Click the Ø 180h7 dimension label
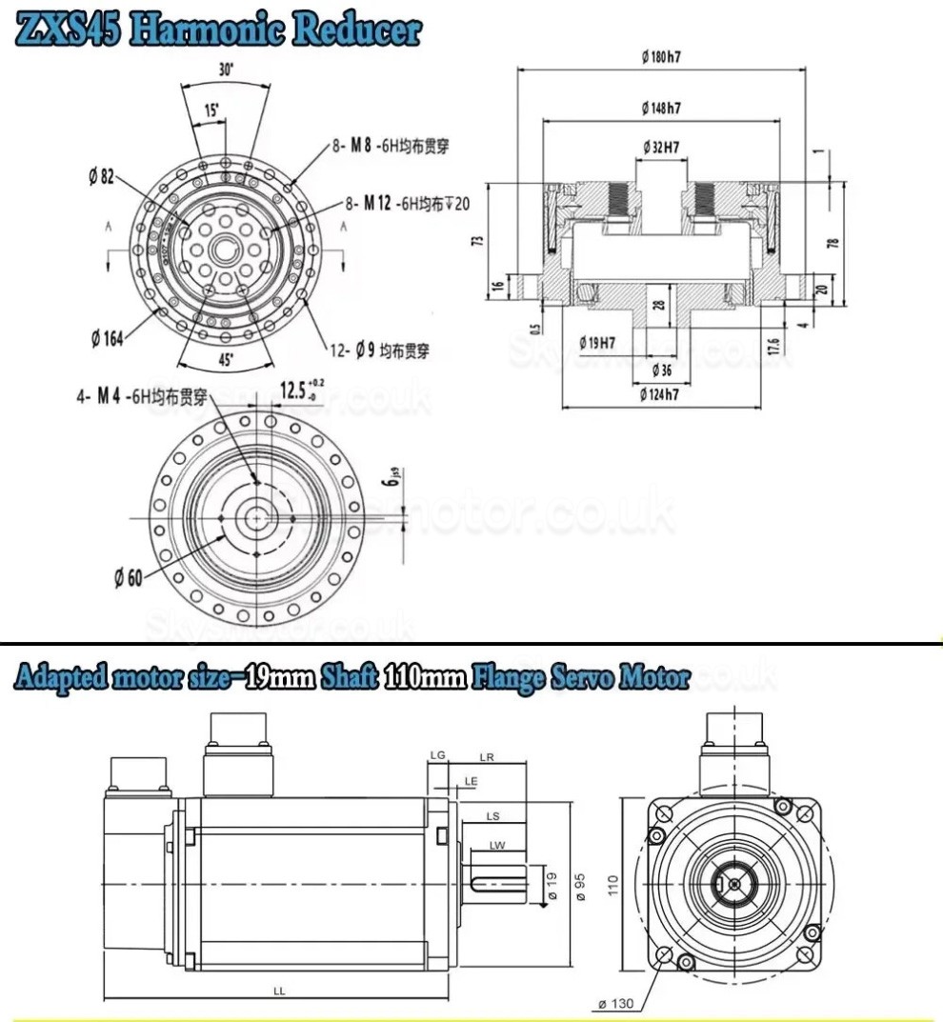(x=660, y=56)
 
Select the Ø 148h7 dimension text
(x=660, y=109)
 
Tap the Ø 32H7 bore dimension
(x=660, y=147)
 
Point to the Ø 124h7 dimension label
(x=659, y=393)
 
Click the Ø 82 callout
(x=101, y=176)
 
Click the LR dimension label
(x=487, y=757)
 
